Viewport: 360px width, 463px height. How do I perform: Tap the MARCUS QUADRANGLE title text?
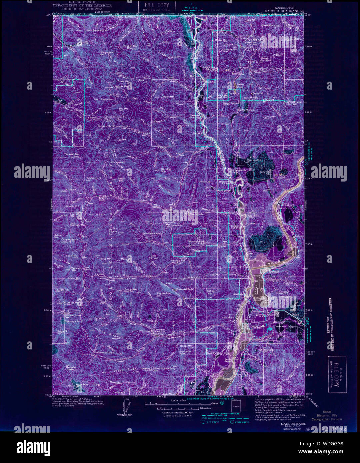[284, 11]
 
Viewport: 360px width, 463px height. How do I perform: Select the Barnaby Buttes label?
[71, 368]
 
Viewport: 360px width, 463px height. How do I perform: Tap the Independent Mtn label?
[130, 47]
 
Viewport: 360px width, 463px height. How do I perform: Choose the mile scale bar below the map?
[172, 404]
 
